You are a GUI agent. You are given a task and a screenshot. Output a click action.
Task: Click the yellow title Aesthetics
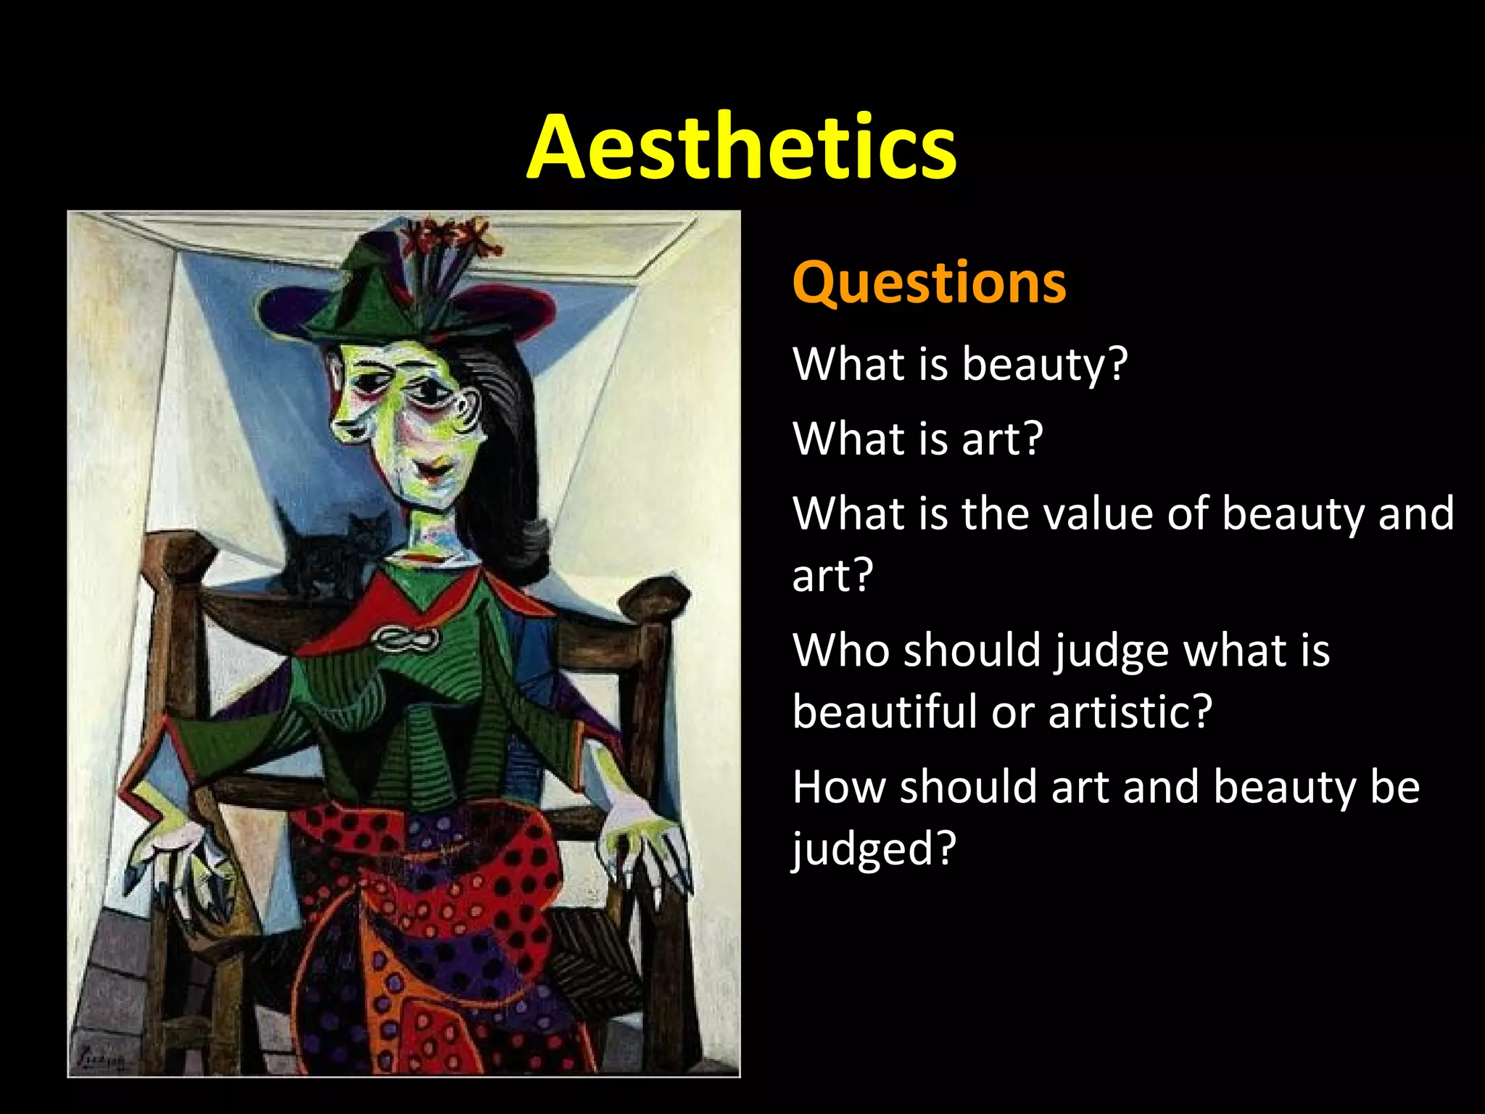click(x=741, y=147)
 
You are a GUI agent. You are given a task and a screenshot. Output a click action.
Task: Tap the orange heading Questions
click(x=929, y=282)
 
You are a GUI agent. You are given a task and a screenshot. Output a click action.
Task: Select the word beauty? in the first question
click(x=1044, y=363)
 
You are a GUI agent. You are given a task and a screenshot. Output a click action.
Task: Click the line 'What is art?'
click(x=917, y=439)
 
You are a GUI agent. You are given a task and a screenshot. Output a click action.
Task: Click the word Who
click(x=841, y=650)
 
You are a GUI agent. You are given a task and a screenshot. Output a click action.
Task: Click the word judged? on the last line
click(x=874, y=849)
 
